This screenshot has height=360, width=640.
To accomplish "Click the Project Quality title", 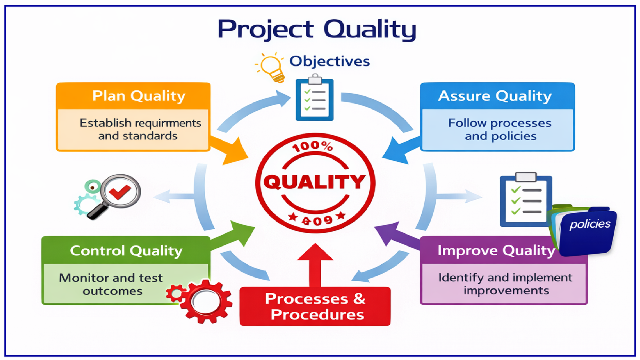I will [x=317, y=29].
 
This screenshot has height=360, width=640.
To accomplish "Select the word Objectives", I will [x=330, y=61].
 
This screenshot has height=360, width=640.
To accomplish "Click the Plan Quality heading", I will [x=139, y=96].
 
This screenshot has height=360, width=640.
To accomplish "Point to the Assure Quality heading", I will [x=495, y=96].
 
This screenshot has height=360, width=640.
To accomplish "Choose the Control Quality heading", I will [x=126, y=251].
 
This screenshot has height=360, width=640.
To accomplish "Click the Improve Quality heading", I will [x=496, y=250].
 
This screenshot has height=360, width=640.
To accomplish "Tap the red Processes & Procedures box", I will [x=315, y=306].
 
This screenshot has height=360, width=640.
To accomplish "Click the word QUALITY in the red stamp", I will [x=314, y=182].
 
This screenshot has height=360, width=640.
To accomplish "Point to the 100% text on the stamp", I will [x=312, y=146].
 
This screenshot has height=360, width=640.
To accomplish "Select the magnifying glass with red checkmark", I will [x=116, y=194].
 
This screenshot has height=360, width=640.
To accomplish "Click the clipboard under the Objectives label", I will [x=314, y=99].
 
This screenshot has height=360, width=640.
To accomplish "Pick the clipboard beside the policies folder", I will [x=526, y=200].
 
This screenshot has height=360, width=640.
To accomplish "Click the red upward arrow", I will [x=315, y=264].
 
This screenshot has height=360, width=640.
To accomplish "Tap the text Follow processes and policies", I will [x=500, y=129].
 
